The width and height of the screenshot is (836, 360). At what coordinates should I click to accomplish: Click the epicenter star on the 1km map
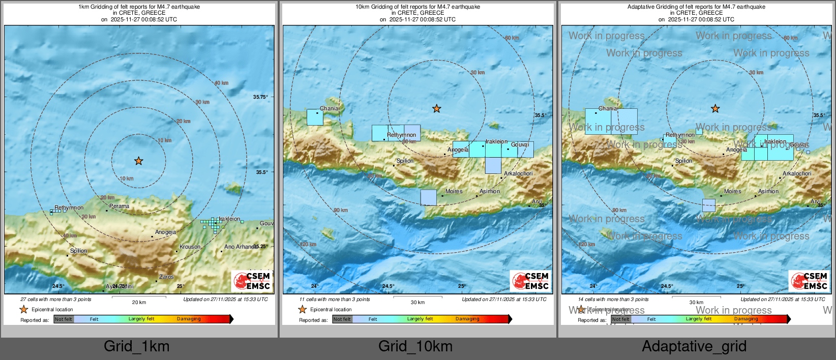138,161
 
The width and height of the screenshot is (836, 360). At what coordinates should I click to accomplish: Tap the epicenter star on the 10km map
436,109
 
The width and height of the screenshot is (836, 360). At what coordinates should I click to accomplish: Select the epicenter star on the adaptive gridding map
715,109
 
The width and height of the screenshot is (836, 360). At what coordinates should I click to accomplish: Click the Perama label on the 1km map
119,206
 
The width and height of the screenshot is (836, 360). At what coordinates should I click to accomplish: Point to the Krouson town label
190,247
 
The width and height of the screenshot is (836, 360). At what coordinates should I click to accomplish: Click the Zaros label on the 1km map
166,277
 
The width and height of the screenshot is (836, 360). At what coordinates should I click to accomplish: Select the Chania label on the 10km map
329,109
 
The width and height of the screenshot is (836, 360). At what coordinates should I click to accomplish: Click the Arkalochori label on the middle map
518,174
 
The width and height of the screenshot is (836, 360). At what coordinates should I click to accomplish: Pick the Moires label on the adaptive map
732,192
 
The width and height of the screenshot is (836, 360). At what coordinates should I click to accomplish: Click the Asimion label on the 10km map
490,192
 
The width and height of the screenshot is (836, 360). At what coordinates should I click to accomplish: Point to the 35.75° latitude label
260,97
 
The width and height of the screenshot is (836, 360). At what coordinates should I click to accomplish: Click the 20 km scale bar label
139,303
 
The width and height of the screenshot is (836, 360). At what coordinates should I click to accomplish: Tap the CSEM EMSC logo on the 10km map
530,281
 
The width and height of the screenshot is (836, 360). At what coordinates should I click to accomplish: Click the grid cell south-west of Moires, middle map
428,198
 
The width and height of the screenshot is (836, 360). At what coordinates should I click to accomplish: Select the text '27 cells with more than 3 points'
56,299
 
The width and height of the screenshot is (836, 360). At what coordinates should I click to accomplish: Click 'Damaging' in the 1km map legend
189,319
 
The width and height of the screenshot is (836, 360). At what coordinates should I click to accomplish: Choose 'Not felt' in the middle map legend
342,319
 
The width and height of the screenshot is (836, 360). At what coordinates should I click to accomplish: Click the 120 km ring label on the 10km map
308,245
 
